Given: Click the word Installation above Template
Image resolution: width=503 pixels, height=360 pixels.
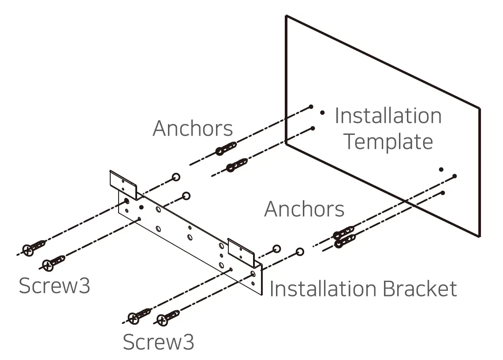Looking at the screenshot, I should pyautogui.click(x=388, y=116).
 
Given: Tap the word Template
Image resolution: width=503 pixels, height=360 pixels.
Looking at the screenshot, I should pyautogui.click(x=388, y=142).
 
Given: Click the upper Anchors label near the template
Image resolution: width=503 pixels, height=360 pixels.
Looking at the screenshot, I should pyautogui.click(x=193, y=129).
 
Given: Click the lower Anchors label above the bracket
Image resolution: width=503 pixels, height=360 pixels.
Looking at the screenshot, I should pyautogui.click(x=304, y=209).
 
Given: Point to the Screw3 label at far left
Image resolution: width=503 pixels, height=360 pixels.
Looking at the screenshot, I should pyautogui.click(x=55, y=286).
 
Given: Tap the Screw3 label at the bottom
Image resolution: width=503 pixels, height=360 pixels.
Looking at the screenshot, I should pyautogui.click(x=158, y=342).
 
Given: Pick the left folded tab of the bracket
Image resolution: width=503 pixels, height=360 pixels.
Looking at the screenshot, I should pyautogui.click(x=123, y=184).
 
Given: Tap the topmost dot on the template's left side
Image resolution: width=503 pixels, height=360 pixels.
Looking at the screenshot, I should pyautogui.click(x=311, y=107).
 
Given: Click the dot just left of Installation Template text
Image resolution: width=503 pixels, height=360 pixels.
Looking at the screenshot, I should pyautogui.click(x=322, y=113).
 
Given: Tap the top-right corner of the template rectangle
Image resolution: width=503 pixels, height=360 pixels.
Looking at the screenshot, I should pyautogui.click(x=479, y=108).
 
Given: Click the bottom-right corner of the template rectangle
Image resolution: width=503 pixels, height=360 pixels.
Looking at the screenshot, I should pyautogui.click(x=479, y=236).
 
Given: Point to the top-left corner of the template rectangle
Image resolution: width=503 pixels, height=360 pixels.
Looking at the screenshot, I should pyautogui.click(x=286, y=16).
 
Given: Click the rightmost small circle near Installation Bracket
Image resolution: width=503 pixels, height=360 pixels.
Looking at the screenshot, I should pyautogui.click(x=300, y=252).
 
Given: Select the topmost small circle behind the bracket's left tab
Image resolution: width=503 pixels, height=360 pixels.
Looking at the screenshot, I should pyautogui.click(x=176, y=177).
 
